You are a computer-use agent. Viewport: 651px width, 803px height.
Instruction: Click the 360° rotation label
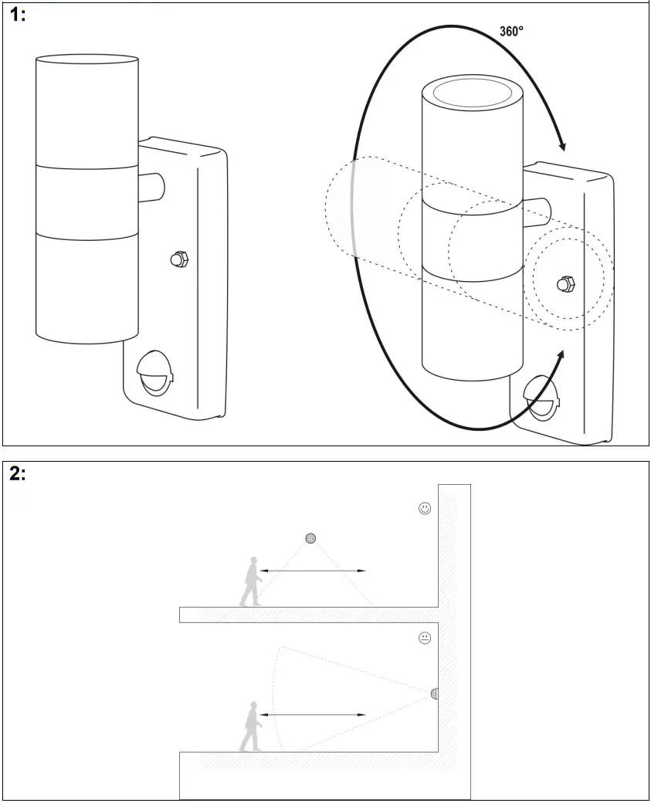(x=511, y=32)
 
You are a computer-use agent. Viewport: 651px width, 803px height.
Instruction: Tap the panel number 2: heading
(x=18, y=474)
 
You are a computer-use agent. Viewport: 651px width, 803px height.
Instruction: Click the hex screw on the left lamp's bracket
(x=179, y=259)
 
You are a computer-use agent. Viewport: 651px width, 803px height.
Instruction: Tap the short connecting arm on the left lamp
(x=151, y=185)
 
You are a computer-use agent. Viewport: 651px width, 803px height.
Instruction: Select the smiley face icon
(x=424, y=508)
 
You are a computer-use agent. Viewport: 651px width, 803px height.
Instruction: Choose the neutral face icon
(x=424, y=638)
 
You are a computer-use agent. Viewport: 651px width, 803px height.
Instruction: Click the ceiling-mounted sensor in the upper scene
(x=311, y=538)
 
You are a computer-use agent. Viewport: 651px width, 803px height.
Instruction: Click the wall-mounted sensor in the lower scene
(x=434, y=693)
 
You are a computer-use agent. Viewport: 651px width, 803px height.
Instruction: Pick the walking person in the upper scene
(x=250, y=581)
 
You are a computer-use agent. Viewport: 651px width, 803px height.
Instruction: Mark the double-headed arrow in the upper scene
(x=313, y=571)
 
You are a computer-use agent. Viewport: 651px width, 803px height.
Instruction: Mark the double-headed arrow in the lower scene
(x=313, y=715)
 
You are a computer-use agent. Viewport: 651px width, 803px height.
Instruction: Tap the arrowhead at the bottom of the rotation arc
(x=560, y=357)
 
